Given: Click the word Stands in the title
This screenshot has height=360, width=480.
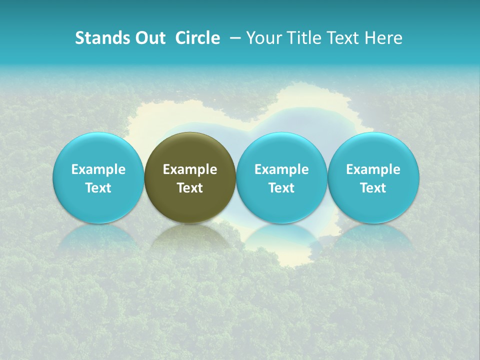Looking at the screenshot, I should pyautogui.click(x=100, y=38).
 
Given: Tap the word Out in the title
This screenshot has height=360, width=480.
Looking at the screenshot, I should pyautogui.click(x=148, y=38).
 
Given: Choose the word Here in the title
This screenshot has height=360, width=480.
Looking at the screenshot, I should pyautogui.click(x=383, y=38).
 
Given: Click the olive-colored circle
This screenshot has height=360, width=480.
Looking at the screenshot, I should pyautogui.click(x=190, y=177).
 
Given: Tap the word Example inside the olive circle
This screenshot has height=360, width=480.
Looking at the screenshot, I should pyautogui.click(x=190, y=169).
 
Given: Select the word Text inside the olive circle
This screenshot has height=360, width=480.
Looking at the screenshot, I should pyautogui.click(x=190, y=188).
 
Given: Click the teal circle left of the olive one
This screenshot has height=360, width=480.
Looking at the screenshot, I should pyautogui.click(x=98, y=177).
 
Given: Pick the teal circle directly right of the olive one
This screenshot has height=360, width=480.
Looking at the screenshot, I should pyautogui.click(x=281, y=177).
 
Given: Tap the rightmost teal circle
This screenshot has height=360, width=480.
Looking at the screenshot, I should pyautogui.click(x=373, y=177).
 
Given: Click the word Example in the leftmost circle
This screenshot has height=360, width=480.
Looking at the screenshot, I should pyautogui.click(x=98, y=169).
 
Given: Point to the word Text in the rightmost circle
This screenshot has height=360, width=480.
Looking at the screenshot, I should pyautogui.click(x=373, y=188).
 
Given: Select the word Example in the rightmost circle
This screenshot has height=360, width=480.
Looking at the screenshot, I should pyautogui.click(x=373, y=169).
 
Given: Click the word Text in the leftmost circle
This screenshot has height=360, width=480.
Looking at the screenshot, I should pyautogui.click(x=98, y=188).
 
